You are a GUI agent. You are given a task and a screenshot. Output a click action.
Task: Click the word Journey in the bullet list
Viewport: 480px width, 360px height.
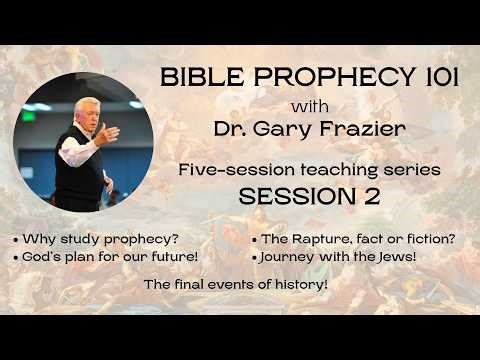(293, 257)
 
